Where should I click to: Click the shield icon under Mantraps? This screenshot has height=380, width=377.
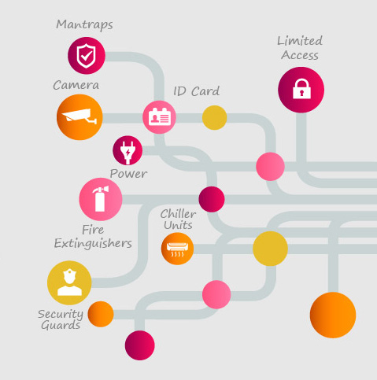(87, 56)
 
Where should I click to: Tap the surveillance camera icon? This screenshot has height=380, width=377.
(79, 117)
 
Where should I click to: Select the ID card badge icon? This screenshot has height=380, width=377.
(159, 117)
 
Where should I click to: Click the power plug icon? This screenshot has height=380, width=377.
(128, 150)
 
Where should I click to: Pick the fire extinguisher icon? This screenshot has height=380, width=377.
(101, 199)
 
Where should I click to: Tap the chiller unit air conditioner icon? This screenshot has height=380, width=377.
(177, 249)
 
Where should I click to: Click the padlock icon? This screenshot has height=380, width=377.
(301, 90)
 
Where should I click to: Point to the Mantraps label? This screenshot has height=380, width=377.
(84, 25)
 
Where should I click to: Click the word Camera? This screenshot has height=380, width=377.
(76, 85)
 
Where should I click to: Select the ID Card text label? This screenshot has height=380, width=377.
(196, 91)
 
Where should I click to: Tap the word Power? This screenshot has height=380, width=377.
(128, 174)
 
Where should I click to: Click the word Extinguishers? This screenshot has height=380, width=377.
(93, 243)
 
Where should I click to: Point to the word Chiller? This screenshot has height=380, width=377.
(178, 214)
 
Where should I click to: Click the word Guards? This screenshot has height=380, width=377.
(61, 326)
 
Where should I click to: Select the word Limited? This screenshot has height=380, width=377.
(300, 41)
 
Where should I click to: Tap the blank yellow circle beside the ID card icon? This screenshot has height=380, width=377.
(215, 117)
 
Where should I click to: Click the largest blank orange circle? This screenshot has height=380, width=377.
(333, 315)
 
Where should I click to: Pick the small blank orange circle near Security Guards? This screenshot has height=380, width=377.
(101, 314)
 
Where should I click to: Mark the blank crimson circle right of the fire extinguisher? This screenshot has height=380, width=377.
(212, 199)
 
